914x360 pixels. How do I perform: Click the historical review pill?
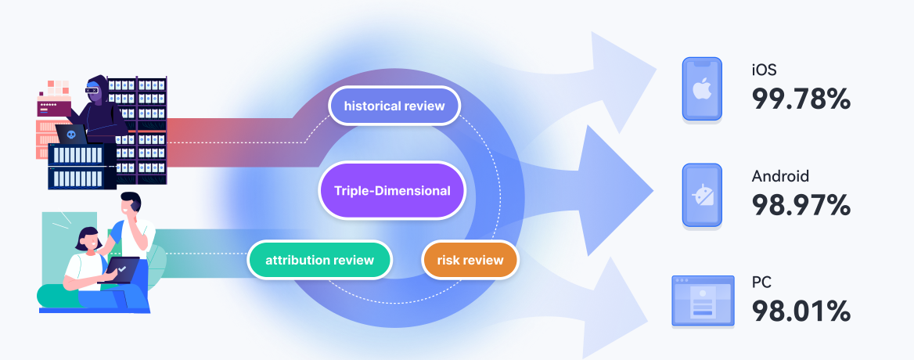tap(394, 106)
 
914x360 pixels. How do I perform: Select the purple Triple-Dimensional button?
tap(392, 190)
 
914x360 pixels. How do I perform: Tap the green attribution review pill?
tap(319, 260)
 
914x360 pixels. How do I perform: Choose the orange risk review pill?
tap(470, 260)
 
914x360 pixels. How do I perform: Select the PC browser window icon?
tap(703, 300)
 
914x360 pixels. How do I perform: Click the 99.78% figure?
tap(801, 99)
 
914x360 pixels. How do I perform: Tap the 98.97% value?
tap(801, 205)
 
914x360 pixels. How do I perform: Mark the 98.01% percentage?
tap(801, 311)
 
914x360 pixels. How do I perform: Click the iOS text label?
tap(764, 70)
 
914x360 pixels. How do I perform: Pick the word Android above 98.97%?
tap(780, 176)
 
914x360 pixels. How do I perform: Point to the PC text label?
tap(761, 282)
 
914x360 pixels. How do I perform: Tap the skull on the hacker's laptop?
tap(73, 135)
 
